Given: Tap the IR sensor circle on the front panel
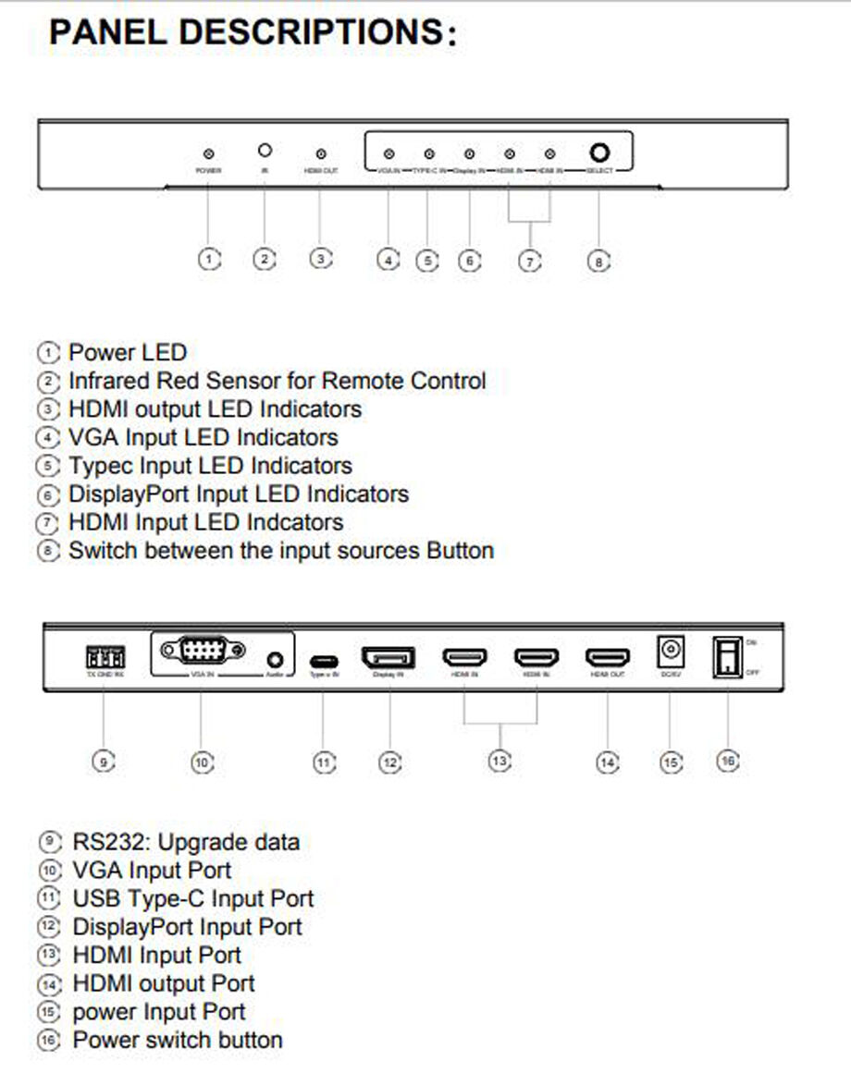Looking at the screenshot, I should (265, 151).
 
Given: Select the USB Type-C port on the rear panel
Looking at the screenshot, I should (323, 662).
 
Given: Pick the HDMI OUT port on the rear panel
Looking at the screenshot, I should (607, 658).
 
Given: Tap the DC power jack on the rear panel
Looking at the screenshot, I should (670, 652).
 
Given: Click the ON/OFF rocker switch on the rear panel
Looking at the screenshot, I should (727, 656).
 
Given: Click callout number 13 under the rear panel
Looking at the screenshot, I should (499, 762).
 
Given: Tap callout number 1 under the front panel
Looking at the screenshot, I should (210, 261).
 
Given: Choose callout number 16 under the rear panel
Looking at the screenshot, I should (728, 761).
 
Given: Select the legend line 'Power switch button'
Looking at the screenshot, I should (177, 1040).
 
